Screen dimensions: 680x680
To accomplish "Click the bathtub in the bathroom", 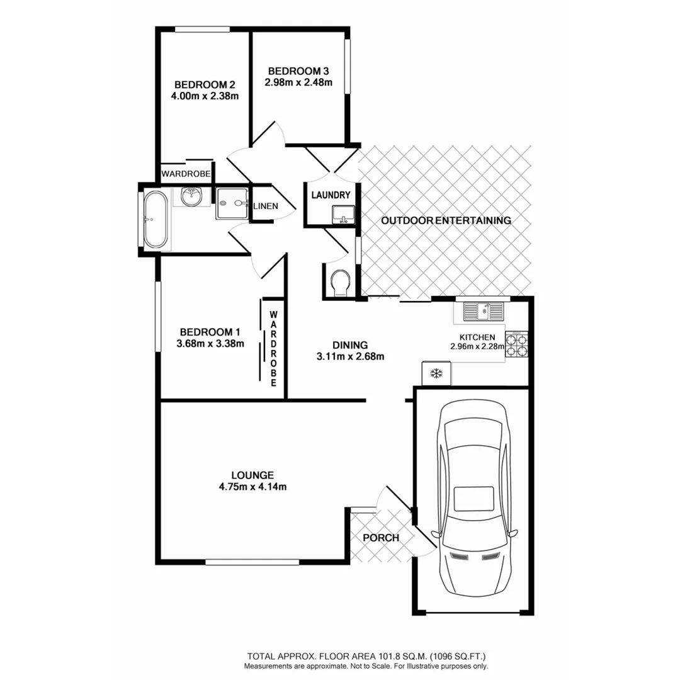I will [155, 219].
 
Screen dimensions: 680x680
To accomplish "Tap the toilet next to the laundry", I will [340, 283].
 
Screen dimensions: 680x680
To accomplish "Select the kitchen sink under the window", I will [483, 310].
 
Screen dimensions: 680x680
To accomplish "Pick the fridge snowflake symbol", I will [435, 373].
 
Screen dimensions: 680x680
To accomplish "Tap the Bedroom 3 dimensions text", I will [298, 82].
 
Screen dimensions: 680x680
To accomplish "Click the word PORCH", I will [381, 538].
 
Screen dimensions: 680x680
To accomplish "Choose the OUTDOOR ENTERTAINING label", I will [446, 220].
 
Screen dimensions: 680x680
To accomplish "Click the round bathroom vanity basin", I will [190, 197].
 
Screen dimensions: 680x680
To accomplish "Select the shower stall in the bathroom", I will [232, 203].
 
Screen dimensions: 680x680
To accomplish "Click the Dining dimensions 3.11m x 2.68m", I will [350, 356].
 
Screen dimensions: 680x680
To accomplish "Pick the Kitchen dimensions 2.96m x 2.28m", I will [477, 346].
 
